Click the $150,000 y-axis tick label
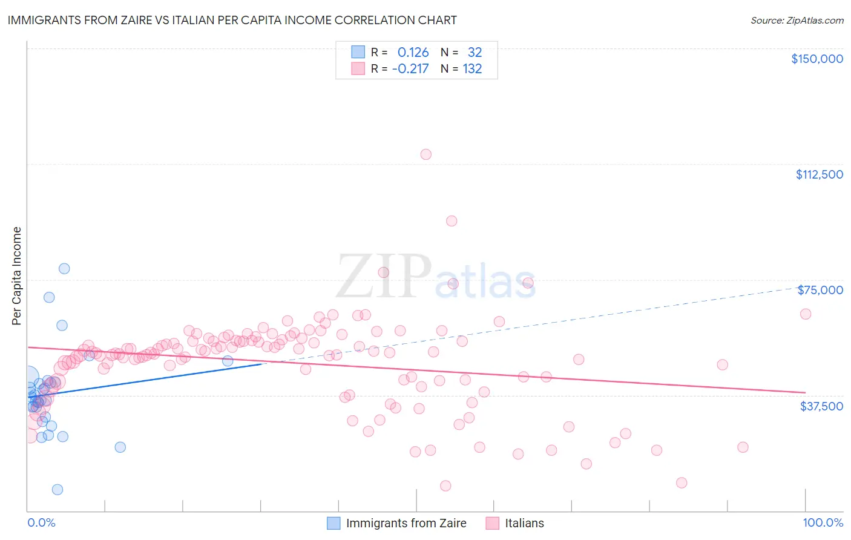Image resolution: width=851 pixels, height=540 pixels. (816, 59)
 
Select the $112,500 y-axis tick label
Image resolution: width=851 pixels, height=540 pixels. (819, 174)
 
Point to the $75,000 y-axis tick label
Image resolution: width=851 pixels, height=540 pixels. (820, 290)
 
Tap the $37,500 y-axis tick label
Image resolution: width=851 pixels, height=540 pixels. (821, 406)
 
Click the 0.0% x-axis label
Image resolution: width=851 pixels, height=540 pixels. (41, 523)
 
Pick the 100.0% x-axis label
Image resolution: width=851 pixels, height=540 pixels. (823, 523)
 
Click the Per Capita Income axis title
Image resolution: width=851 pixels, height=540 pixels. (17, 276)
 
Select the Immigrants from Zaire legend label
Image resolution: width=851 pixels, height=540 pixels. (406, 523)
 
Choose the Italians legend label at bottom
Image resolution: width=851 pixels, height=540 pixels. (524, 523)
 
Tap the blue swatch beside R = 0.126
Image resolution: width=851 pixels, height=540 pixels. (358, 52)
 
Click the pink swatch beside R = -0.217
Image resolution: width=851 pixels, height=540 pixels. (358, 68)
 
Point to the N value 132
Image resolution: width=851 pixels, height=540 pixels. (472, 68)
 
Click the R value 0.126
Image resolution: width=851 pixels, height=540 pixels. (413, 52)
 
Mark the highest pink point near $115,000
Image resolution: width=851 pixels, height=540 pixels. (426, 154)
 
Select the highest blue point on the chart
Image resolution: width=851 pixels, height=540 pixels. (64, 269)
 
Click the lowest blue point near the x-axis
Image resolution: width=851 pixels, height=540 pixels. (57, 490)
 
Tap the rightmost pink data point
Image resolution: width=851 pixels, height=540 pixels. (806, 314)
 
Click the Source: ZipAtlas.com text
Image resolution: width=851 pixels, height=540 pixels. (797, 21)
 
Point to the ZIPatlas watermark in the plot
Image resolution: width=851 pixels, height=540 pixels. (436, 277)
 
